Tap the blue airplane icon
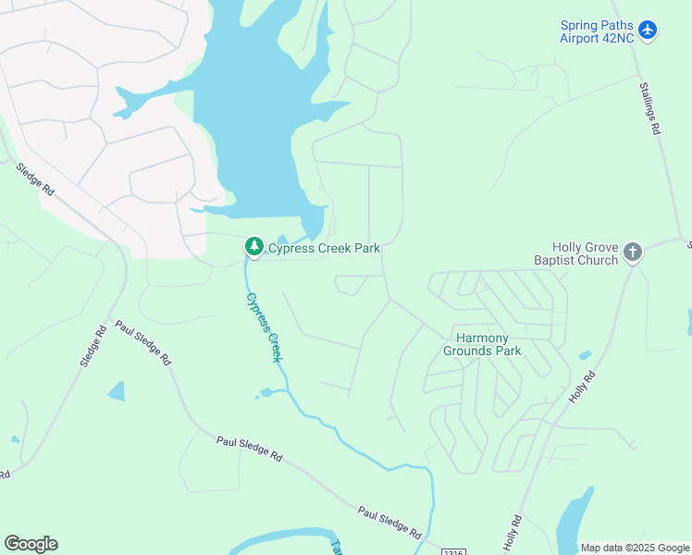coord(648,31)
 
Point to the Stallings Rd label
coord(649,109)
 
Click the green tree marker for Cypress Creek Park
coord(253,247)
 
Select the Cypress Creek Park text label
coord(324,248)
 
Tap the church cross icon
coord(633,252)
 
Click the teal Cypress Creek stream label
coord(264,327)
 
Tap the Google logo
coord(31,544)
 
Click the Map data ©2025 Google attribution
coord(635,548)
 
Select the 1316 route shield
coord(451,551)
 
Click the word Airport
coord(583,38)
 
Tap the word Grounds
coord(469,351)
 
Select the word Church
coord(598,260)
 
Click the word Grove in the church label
coord(599,247)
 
